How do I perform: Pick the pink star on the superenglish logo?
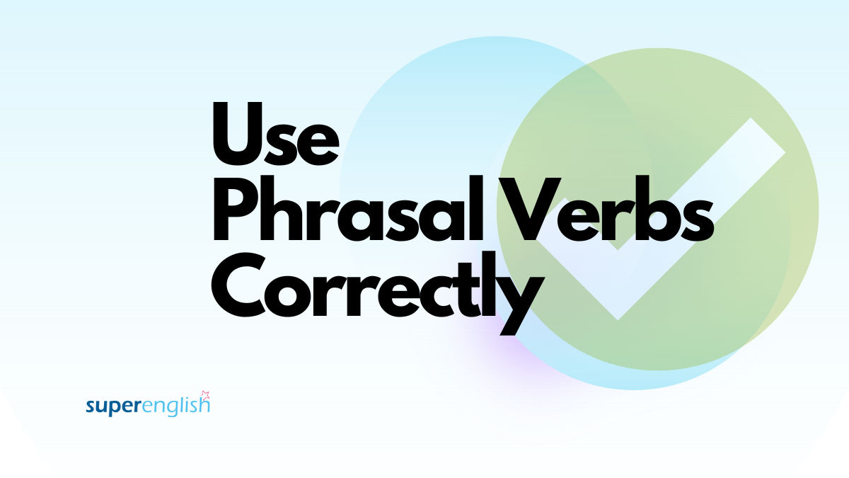pos(206,394)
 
